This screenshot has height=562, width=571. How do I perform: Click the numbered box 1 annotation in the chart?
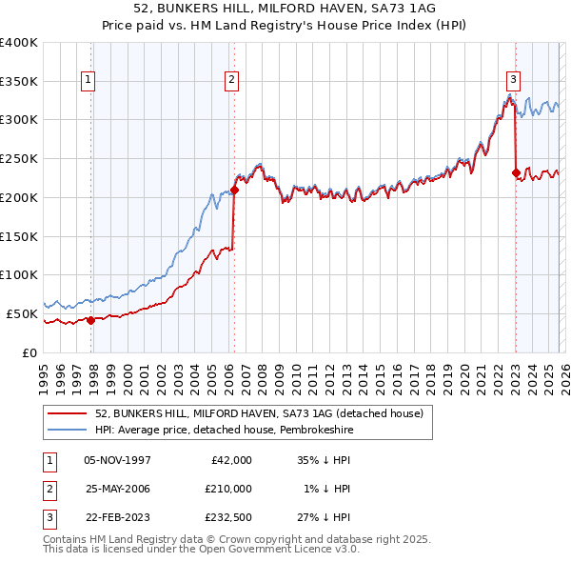click(88, 81)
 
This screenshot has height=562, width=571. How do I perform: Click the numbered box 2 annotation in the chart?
click(231, 81)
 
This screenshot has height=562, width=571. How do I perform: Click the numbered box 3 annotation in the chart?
click(513, 81)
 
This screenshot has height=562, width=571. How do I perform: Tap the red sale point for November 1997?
click(91, 320)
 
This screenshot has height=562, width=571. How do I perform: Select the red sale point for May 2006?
click(234, 190)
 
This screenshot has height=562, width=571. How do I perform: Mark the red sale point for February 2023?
click(516, 172)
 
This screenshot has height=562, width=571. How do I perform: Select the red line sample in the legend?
click(69, 412)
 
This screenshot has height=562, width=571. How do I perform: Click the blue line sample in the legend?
click(69, 430)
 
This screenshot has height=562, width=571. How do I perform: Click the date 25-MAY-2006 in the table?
click(117, 489)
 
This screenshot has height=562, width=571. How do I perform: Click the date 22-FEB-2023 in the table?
click(117, 517)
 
